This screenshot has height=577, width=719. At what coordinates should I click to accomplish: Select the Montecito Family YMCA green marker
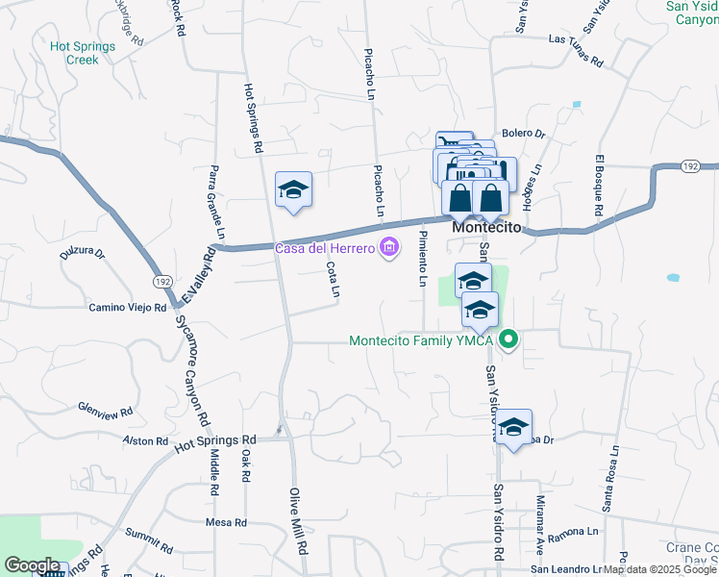click(511, 339)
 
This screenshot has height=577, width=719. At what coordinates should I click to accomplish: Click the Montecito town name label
click(487, 228)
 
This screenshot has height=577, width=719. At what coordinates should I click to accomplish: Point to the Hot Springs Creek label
click(83, 53)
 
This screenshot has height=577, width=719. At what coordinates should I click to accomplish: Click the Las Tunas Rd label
click(575, 53)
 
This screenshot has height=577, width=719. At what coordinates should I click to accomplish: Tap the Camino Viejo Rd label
click(128, 308)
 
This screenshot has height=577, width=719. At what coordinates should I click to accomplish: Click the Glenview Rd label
click(106, 411)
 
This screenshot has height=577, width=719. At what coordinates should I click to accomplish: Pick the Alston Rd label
click(146, 440)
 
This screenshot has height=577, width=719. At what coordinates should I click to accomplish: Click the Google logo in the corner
click(32, 565)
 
